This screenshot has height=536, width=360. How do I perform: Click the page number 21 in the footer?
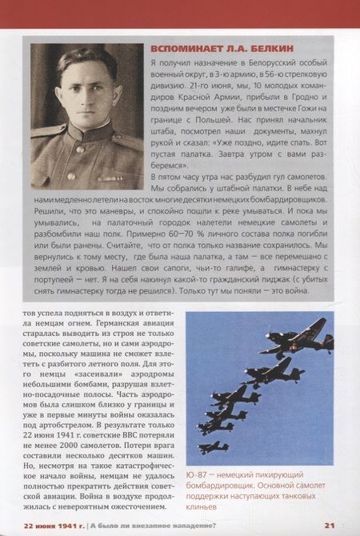pyautogui.click(x=330, y=524)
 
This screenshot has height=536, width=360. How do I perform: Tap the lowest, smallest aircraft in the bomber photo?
pyautogui.click(x=213, y=446)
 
